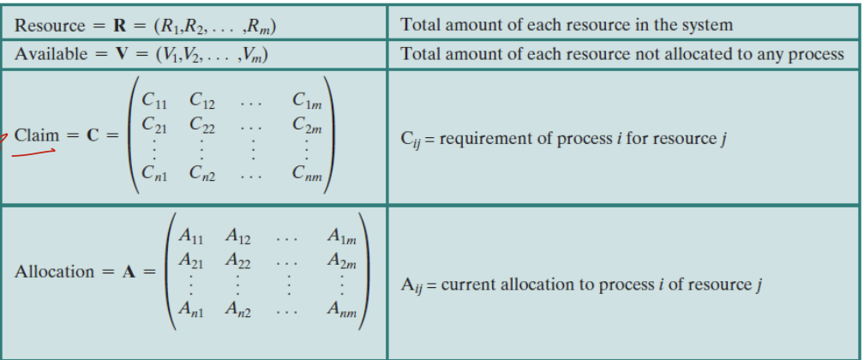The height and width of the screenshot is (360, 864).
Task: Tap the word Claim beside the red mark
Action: click(37, 135)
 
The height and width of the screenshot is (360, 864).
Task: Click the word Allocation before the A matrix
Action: click(55, 272)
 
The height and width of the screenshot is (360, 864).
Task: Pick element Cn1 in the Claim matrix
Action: click(154, 176)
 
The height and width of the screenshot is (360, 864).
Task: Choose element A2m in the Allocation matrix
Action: click(343, 259)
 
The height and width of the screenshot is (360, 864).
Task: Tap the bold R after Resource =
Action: click(119, 25)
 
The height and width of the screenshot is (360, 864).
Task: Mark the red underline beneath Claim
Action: click(34, 153)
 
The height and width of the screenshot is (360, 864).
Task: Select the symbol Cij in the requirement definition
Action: click(411, 140)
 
